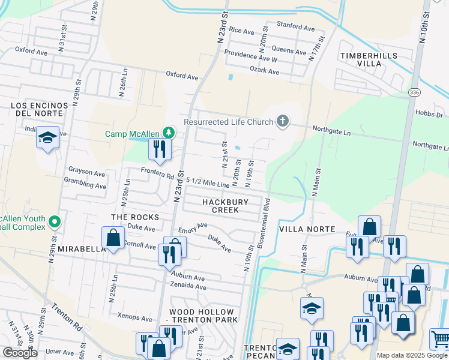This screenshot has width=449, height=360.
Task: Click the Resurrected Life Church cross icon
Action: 283,122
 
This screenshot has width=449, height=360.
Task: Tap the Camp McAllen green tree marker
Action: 170,133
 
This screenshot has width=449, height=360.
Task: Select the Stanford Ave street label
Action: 295,28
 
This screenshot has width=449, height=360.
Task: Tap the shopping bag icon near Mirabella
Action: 113,238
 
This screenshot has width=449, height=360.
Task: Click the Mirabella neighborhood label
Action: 82,248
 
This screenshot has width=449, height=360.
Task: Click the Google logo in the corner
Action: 20,353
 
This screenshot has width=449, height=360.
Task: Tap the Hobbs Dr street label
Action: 431,115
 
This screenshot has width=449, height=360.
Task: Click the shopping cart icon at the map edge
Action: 440,339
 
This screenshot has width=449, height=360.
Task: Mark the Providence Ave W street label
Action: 250,60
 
